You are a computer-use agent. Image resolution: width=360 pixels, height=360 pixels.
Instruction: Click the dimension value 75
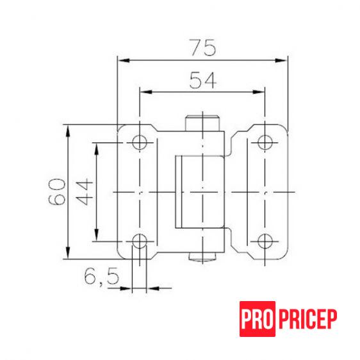[202, 47]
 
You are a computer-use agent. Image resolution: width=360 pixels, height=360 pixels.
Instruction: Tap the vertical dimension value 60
[57, 192]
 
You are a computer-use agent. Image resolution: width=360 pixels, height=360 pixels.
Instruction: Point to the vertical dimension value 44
[85, 192]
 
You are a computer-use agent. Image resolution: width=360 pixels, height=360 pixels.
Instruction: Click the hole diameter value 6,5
[101, 277]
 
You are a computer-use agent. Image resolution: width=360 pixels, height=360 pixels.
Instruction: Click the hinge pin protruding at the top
[202, 122]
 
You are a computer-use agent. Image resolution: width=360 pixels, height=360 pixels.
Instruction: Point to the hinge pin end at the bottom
[202, 258]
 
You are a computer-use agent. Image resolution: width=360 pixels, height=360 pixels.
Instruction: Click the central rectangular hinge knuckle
[199, 192]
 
